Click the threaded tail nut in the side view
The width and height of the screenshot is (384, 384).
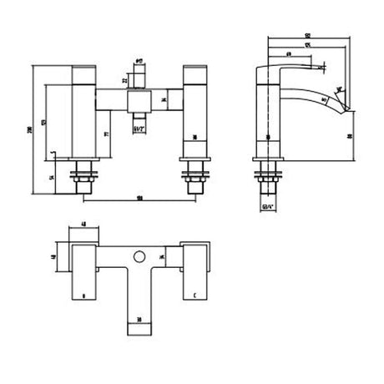click(267, 178)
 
